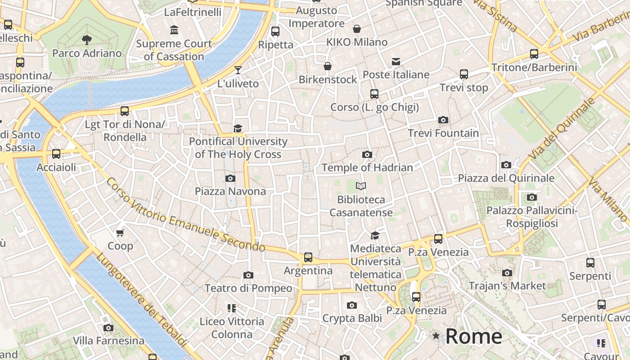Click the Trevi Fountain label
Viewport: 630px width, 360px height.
coord(443,133)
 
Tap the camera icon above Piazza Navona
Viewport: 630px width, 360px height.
coord(230,179)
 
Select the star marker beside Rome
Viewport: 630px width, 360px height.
coord(436,336)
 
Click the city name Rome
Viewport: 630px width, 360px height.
coord(473,337)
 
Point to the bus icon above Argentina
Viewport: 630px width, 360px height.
coord(308,257)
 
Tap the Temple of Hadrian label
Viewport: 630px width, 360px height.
coord(367,168)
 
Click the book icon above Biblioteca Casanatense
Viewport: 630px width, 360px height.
coord(361,186)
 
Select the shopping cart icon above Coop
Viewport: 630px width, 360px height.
coord(120,233)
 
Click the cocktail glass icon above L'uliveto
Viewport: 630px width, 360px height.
coord(238,70)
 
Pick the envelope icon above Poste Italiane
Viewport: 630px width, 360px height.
coord(396,62)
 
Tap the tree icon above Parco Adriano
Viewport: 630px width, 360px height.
coord(87,40)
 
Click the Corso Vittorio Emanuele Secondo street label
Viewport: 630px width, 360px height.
coord(185,215)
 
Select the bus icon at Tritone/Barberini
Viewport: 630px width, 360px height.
coord(534,54)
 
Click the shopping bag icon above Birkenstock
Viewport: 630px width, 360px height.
coord(328,67)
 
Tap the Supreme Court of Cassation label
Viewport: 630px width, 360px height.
coord(174,50)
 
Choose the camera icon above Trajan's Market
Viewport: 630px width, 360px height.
coord(507,273)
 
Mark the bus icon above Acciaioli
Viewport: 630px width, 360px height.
coord(56,154)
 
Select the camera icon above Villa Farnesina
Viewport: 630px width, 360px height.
coord(108,328)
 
